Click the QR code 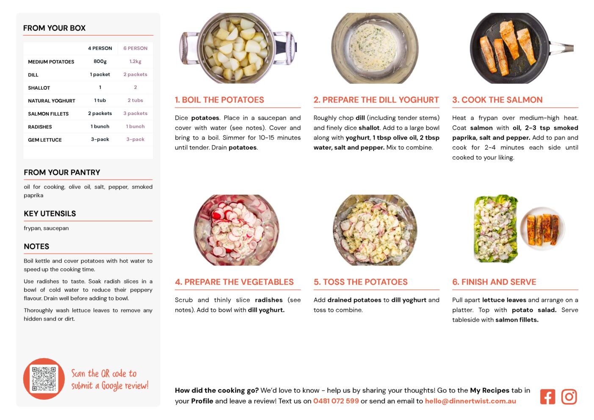point(44,379)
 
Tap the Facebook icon point(547,397)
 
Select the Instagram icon point(569,397)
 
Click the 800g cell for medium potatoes point(100,61)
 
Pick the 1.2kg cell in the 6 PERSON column point(135,61)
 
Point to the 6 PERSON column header point(135,48)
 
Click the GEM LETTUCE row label point(45,140)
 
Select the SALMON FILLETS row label point(48,114)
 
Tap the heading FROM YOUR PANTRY point(62,172)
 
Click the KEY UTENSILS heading point(50,213)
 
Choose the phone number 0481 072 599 point(336,401)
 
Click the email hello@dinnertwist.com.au point(470,401)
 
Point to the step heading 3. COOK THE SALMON point(497,99)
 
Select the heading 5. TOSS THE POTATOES point(360,282)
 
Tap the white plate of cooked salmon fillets point(542,228)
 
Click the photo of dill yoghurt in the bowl point(375,48)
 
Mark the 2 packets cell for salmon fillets point(100,113)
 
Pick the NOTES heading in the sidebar point(36,246)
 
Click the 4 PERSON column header point(100,48)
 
